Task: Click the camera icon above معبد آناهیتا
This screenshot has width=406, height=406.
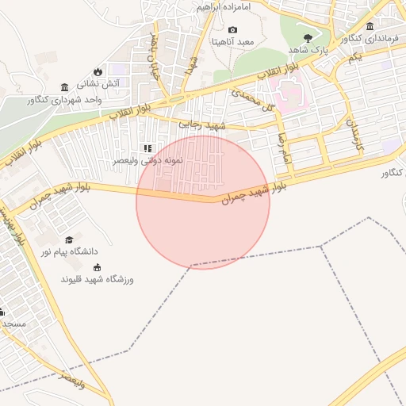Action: pyautogui.click(x=232, y=29)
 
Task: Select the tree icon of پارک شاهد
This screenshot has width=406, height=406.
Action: pyautogui.click(x=308, y=37)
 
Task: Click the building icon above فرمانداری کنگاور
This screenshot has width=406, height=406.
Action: pyautogui.click(x=370, y=26)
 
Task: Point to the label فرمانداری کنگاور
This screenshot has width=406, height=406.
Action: pyautogui.click(x=372, y=37)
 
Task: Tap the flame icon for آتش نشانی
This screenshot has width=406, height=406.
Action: pyautogui.click(x=98, y=71)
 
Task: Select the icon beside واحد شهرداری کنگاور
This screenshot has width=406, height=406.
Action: pyautogui.click(x=64, y=87)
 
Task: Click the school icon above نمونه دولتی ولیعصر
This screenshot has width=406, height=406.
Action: pyautogui.click(x=147, y=147)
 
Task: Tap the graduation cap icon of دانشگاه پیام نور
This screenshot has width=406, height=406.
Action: pyautogui.click(x=69, y=239)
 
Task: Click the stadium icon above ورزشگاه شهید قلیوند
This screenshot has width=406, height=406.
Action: pyautogui.click(x=98, y=267)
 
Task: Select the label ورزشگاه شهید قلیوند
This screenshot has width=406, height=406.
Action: pyautogui.click(x=98, y=279)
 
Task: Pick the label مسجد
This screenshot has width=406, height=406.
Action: pyautogui.click(x=14, y=324)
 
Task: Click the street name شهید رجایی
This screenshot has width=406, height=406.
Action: pyautogui.click(x=202, y=124)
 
